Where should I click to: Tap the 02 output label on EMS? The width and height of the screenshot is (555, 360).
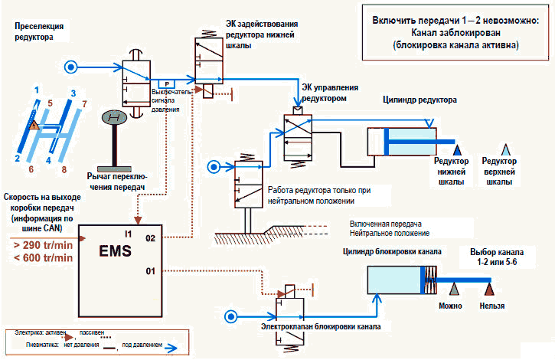(152, 239)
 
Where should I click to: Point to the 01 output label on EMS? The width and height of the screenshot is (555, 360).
(151, 270)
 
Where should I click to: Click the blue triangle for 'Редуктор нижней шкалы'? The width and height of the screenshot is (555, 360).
(459, 149)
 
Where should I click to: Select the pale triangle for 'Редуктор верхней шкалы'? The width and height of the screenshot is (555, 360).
(505, 149)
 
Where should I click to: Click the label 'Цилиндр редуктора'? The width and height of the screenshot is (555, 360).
(420, 100)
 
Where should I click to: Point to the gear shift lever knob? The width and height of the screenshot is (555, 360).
(115, 116)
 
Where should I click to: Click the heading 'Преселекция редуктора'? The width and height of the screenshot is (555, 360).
(37, 31)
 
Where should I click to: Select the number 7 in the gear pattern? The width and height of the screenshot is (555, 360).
(85, 102)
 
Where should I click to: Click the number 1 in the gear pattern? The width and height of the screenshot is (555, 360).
(35, 91)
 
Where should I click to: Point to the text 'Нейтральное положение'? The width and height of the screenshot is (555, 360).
(389, 233)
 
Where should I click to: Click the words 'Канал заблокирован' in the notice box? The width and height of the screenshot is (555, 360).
(455, 33)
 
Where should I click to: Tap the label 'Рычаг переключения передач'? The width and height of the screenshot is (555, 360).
(123, 181)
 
